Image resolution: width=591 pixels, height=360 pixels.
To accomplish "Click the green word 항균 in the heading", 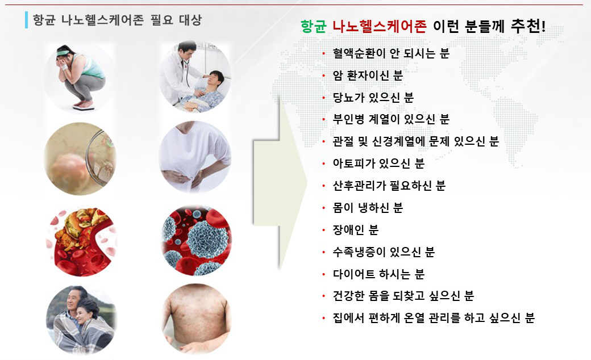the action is pos(313,27).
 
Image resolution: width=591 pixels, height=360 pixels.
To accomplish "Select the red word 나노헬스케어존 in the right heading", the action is pos(380,27).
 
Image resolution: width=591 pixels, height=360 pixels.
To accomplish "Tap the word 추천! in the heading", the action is pos(528,26).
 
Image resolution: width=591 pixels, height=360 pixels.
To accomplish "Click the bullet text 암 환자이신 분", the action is pos(368,76).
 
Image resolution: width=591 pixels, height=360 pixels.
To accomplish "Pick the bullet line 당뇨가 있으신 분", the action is pos(373,98).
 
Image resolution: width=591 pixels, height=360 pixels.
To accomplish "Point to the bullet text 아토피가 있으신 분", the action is pos(378,164).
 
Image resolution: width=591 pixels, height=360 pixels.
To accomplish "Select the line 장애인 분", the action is pos(355,230).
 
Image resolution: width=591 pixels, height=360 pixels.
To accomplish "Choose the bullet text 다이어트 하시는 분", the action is pos(378,274).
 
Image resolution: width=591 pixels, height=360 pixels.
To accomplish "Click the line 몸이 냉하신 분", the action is pos(368,207).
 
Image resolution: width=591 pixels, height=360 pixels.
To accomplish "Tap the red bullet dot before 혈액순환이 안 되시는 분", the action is pos(323,54).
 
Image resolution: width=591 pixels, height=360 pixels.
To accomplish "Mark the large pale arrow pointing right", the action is pos(280,183).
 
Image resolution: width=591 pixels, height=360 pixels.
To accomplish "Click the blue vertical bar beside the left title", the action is pos(26,20).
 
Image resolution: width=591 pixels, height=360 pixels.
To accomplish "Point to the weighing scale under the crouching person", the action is pos(84,107).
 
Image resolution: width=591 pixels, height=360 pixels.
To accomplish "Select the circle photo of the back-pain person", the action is pos(195,157).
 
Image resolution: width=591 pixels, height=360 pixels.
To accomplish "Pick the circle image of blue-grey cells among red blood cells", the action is pos(196,240).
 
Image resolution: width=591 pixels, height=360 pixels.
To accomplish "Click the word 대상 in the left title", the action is pos(190,19).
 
